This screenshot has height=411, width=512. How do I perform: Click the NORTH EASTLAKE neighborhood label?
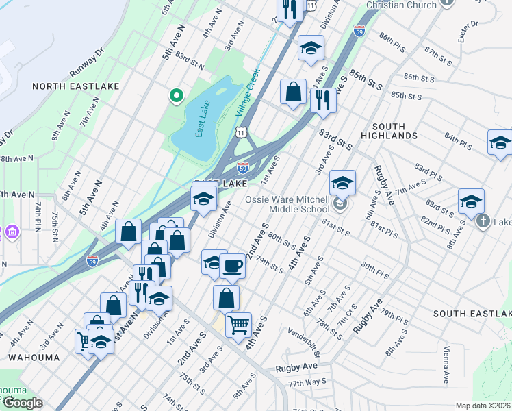pos(75,86)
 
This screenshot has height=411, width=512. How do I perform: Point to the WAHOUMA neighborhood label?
pos(34,358)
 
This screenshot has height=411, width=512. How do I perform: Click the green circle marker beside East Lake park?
pos(176,96)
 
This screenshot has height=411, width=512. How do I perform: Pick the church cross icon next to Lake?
pos(483,221)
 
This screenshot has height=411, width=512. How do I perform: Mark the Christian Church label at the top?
pos(401,5)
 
